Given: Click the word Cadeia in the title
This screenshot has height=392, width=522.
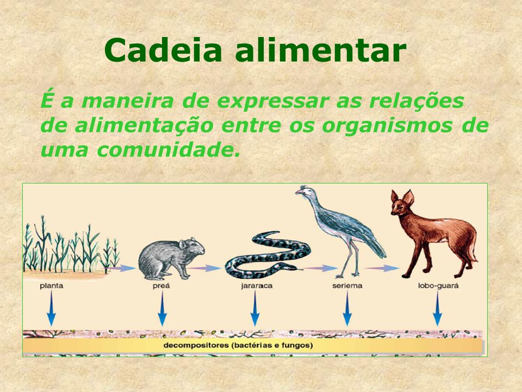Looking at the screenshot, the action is click(x=163, y=50).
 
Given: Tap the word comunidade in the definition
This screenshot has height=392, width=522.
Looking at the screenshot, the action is click(x=168, y=150).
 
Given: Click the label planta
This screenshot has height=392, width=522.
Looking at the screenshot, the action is click(x=51, y=286).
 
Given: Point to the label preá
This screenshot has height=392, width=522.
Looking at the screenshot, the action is click(x=161, y=286).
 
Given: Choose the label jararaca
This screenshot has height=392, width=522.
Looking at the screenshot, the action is click(x=256, y=286).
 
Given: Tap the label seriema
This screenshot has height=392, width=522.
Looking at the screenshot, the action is click(x=347, y=286).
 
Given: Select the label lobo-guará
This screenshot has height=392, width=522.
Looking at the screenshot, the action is click(x=438, y=286).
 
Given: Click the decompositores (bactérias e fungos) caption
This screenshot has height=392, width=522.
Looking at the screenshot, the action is click(x=238, y=345).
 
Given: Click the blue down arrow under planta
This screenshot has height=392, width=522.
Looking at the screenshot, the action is click(x=51, y=308).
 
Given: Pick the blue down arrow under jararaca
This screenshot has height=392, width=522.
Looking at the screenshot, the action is click(x=255, y=308).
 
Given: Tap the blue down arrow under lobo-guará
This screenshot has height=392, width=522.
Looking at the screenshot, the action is click(x=437, y=308).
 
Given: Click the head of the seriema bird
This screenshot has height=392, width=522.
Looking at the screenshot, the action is click(x=304, y=191).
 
